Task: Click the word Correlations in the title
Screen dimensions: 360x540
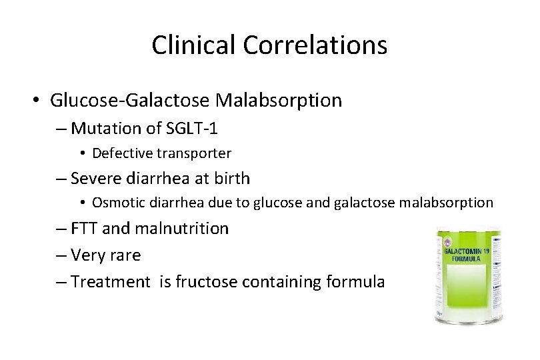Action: point(315,45)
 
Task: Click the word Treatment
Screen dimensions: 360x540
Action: point(111,282)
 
